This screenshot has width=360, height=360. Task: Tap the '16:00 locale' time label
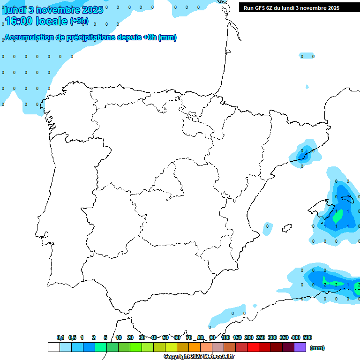(36, 21)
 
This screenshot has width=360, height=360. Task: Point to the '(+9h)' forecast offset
(79, 21)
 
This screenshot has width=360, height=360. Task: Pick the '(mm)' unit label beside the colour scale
(317, 348)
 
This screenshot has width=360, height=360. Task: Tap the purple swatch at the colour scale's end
(300, 347)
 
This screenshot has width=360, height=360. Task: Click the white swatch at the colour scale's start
(53, 347)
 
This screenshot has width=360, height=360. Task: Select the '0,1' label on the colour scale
(60, 337)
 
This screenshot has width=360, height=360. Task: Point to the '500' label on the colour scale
(307, 337)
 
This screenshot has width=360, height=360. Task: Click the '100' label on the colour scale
(225, 337)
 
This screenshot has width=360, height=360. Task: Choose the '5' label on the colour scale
(105, 337)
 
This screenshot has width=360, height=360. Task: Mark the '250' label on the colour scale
(261, 337)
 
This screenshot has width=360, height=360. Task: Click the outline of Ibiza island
(287, 228)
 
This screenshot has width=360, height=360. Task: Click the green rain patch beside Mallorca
(337, 216)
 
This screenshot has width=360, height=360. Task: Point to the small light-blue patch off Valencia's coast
(267, 227)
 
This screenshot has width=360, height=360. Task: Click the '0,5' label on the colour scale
(72, 337)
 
